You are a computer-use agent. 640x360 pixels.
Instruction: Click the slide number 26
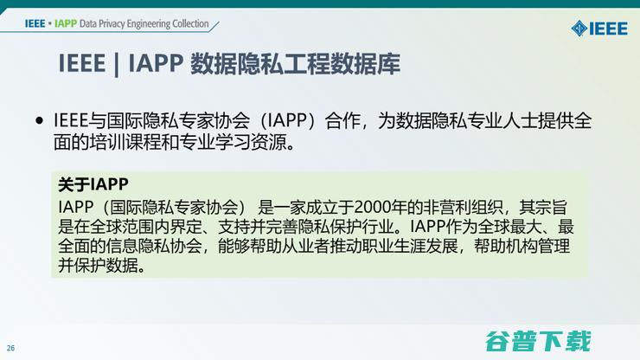(11, 349)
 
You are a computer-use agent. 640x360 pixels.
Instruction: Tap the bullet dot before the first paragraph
(39, 121)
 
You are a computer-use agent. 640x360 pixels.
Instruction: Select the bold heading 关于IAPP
(93, 184)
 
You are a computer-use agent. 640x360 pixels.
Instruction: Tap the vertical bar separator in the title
(117, 64)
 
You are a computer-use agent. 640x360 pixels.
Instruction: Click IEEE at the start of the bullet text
(73, 121)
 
